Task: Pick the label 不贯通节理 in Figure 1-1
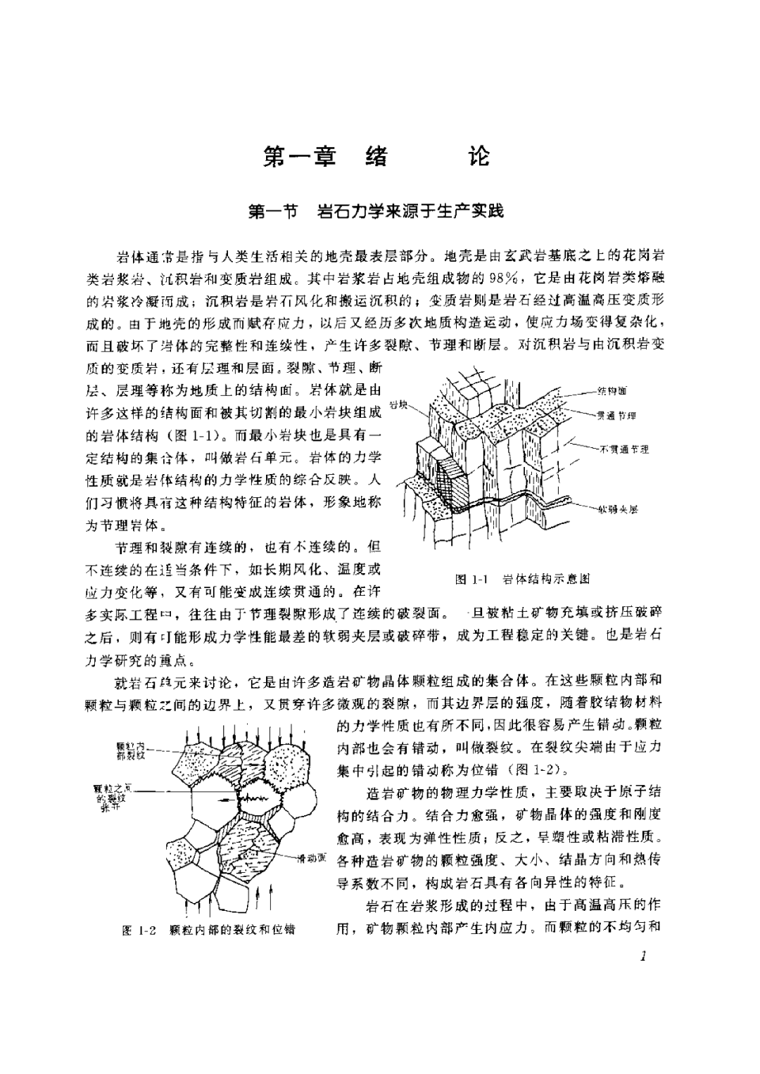click(x=623, y=448)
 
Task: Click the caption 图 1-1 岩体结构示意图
click(x=521, y=579)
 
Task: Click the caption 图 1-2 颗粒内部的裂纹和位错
click(x=208, y=930)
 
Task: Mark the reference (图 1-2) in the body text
click(x=528, y=768)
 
